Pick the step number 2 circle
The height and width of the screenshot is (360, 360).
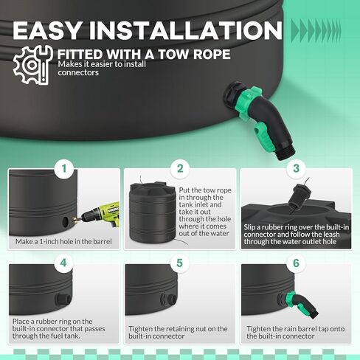(x=179, y=168)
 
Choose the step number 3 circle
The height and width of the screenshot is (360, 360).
(x=297, y=168)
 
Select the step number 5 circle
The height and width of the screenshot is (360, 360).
(x=179, y=261)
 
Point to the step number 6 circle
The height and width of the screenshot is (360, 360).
(x=297, y=261)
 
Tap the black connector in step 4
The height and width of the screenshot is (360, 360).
(x=63, y=299)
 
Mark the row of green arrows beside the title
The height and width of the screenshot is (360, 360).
(x=321, y=30)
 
